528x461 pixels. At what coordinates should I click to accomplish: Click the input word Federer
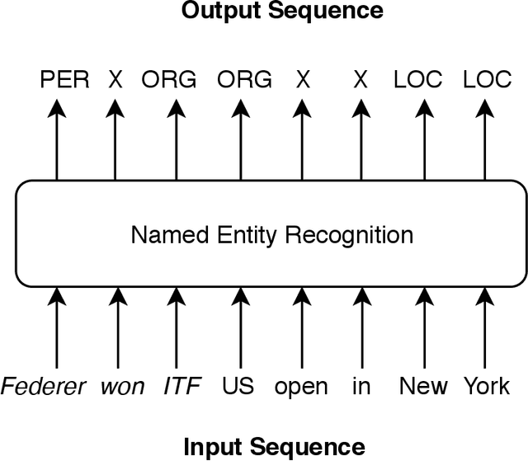[43, 386]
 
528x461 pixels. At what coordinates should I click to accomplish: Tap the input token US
[239, 386]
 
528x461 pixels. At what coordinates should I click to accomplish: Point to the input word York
[486, 386]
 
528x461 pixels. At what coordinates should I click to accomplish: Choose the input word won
[123, 386]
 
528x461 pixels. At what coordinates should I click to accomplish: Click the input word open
[301, 386]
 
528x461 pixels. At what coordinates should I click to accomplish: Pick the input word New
[424, 386]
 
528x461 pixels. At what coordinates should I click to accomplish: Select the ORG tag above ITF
[169, 80]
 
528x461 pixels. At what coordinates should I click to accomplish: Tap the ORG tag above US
[244, 80]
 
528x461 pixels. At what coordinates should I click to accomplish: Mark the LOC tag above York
[488, 80]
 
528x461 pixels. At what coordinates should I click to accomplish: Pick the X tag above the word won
[115, 80]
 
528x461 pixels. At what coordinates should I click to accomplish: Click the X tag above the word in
[360, 80]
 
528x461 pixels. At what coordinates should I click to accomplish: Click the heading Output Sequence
[282, 12]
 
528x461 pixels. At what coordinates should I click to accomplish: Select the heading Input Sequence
[274, 446]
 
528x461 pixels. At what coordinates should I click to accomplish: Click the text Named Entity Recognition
[272, 235]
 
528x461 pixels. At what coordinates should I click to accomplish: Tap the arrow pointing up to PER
[57, 140]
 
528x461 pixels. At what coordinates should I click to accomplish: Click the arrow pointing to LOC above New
[424, 140]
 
